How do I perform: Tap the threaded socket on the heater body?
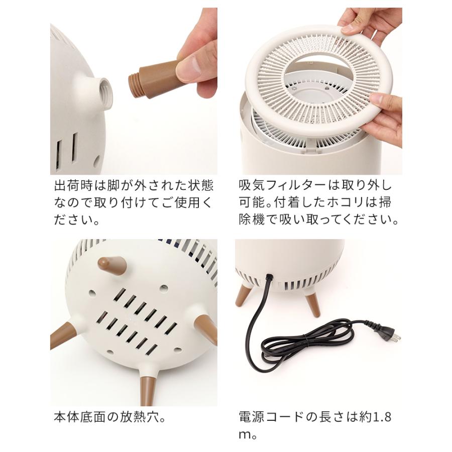(x=103, y=90)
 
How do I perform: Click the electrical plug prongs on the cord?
(x=396, y=338)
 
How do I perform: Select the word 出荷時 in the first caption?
(x=73, y=186)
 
